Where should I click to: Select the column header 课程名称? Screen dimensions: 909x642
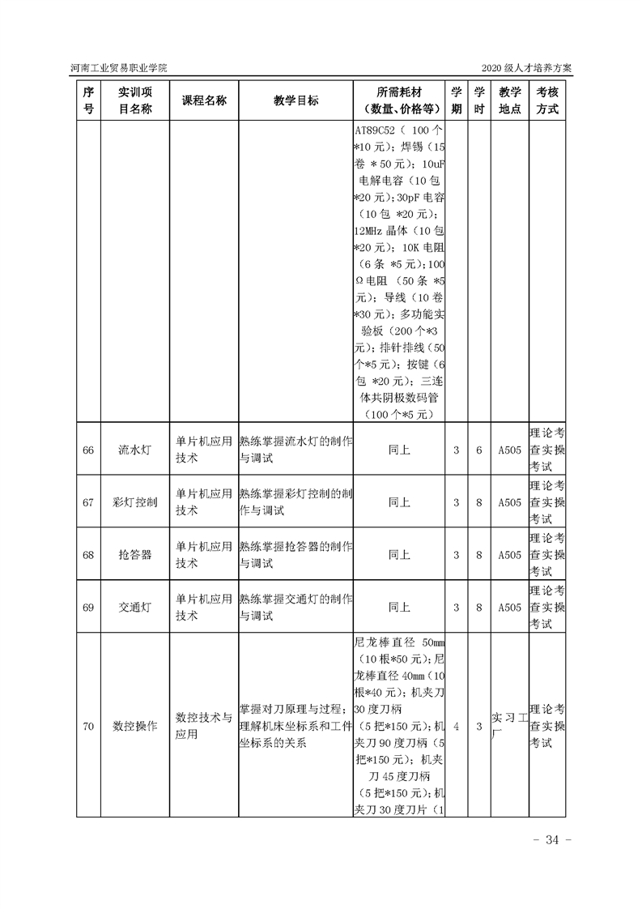[203, 100]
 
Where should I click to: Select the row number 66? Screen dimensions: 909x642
[89, 450]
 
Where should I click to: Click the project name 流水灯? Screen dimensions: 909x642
[134, 450]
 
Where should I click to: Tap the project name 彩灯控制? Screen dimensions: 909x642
[134, 502]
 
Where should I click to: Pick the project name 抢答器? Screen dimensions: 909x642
[134, 555]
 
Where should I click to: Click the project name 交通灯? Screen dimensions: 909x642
[134, 607]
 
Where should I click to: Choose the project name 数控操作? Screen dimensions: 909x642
[134, 726]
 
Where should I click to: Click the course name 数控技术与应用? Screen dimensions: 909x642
[203, 726]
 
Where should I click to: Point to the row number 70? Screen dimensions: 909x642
[89, 726]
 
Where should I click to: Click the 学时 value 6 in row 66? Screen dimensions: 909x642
[479, 450]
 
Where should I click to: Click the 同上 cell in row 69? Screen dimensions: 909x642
[399, 607]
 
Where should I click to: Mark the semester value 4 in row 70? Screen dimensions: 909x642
[457, 726]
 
